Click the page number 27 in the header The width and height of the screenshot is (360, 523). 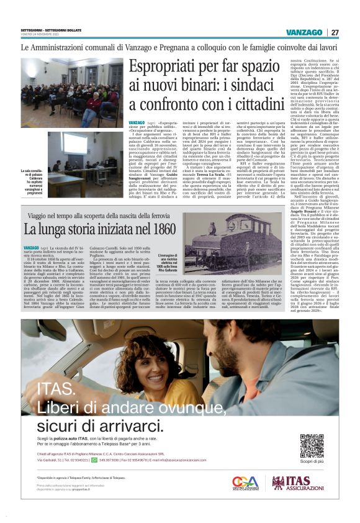coord(335,32)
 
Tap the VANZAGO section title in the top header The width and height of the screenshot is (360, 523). coord(305,32)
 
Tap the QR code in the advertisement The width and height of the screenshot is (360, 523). coord(312,445)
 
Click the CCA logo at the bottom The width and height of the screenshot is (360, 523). coord(245,483)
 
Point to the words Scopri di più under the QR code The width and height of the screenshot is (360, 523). coord(312,462)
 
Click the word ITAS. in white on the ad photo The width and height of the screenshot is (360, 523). coord(54,389)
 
